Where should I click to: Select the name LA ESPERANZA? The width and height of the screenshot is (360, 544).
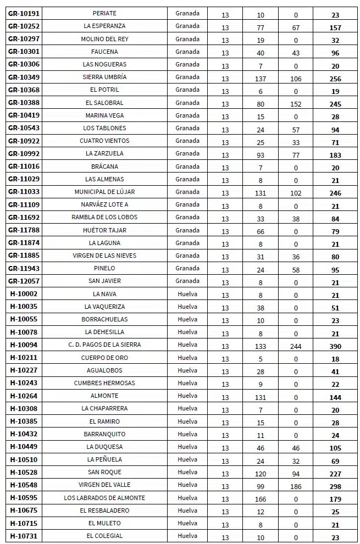pyautogui.click(x=104, y=26)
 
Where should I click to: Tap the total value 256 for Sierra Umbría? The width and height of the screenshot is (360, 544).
pyautogui.click(x=335, y=79)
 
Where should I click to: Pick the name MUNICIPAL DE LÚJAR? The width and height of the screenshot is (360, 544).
pyautogui.click(x=104, y=192)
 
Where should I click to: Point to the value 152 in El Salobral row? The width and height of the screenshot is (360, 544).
pyautogui.click(x=296, y=104)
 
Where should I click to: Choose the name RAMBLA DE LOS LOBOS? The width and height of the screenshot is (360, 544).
pyautogui.click(x=104, y=217)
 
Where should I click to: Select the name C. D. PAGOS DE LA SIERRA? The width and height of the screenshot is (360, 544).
pyautogui.click(x=104, y=345)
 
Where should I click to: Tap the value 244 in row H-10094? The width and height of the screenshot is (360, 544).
pyautogui.click(x=296, y=346)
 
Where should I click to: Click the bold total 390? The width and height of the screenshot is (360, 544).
pyautogui.click(x=335, y=346)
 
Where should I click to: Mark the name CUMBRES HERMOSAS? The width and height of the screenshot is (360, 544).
pyautogui.click(x=104, y=383)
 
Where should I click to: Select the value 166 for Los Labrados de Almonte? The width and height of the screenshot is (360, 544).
pyautogui.click(x=261, y=499)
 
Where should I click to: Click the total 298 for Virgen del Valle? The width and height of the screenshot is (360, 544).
pyautogui.click(x=335, y=486)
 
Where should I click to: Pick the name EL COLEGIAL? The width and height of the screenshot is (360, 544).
pyautogui.click(x=104, y=536)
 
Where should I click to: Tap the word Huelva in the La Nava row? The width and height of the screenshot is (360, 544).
pyautogui.click(x=187, y=293)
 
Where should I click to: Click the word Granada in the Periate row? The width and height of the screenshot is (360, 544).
pyautogui.click(x=187, y=13)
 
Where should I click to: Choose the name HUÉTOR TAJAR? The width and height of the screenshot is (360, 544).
pyautogui.click(x=104, y=230)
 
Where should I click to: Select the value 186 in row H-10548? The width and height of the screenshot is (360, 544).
pyautogui.click(x=296, y=486)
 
